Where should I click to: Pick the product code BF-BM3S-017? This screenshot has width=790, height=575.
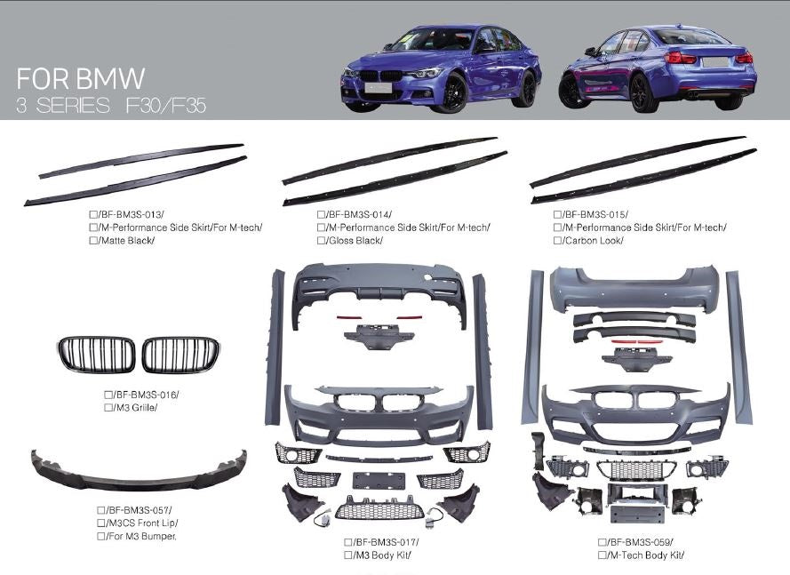click(x=386, y=542)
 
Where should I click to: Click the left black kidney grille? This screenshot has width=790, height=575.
click(x=96, y=355)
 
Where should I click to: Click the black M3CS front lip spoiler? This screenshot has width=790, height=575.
click(x=139, y=469)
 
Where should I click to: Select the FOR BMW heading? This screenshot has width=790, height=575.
click(x=80, y=77)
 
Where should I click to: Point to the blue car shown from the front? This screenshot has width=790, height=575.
click(x=441, y=68)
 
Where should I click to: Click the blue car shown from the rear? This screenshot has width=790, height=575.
click(x=658, y=69)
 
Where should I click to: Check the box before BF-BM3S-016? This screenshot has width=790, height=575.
click(x=108, y=395)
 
